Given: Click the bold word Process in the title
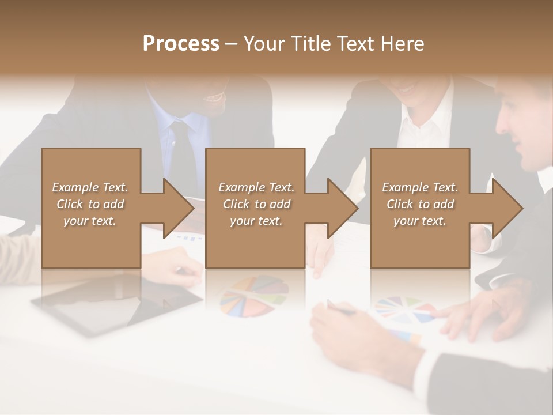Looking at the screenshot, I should (181, 44).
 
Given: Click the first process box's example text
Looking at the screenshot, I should (90, 204).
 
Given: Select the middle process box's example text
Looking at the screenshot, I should (256, 204).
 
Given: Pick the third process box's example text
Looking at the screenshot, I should (420, 204).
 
